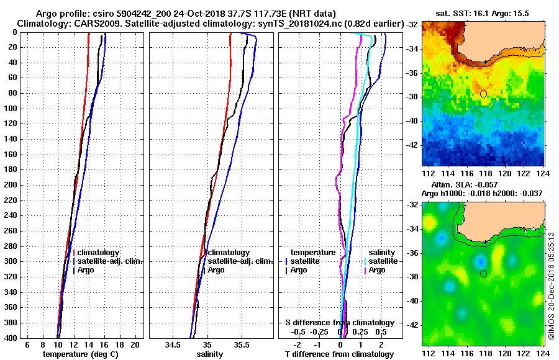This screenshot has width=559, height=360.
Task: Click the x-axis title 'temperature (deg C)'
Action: point(80,354)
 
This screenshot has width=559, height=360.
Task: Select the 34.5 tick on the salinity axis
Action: point(174,344)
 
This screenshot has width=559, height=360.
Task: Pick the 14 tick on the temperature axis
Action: point(89,344)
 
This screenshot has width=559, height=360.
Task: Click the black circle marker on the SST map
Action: point(483,94)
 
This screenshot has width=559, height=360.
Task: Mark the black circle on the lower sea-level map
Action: point(483,274)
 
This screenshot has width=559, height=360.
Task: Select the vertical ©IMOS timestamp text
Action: point(551,286)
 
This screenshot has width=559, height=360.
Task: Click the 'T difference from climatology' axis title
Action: point(339,354)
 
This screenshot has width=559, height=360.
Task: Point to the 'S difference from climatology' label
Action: point(339,323)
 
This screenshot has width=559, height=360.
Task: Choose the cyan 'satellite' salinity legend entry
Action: point(382,261)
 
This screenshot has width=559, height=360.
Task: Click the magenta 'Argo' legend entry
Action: point(376,270)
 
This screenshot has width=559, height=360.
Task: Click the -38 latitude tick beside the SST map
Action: point(412,97)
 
